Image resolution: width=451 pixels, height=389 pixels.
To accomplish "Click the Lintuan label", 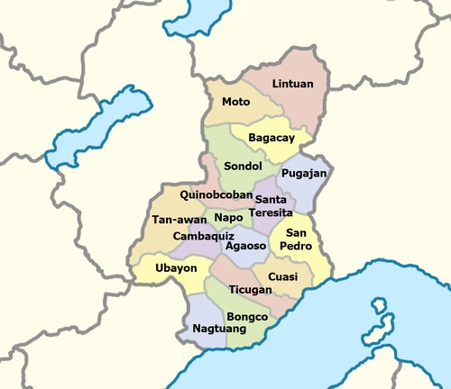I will click(x=293, y=84).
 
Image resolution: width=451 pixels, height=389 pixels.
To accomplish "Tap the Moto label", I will click(x=235, y=102).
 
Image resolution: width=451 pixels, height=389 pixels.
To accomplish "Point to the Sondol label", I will click(x=243, y=167).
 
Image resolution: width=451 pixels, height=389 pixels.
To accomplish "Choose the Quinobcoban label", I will click(x=214, y=194).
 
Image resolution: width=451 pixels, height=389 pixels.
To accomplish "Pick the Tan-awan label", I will click(x=175, y=220).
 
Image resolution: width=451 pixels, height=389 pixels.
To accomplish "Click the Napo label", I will click(x=229, y=217).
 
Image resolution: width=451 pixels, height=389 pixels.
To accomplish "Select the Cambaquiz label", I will click(x=203, y=236).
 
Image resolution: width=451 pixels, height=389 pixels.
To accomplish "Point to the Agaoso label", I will click(x=245, y=244).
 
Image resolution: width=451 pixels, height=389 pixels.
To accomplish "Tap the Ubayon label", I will click(x=175, y=267).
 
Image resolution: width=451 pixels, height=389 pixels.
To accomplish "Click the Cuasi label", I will click(x=283, y=276).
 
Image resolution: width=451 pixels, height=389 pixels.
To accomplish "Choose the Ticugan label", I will click(x=250, y=290).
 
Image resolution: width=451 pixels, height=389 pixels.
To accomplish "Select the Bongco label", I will click(x=247, y=317).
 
